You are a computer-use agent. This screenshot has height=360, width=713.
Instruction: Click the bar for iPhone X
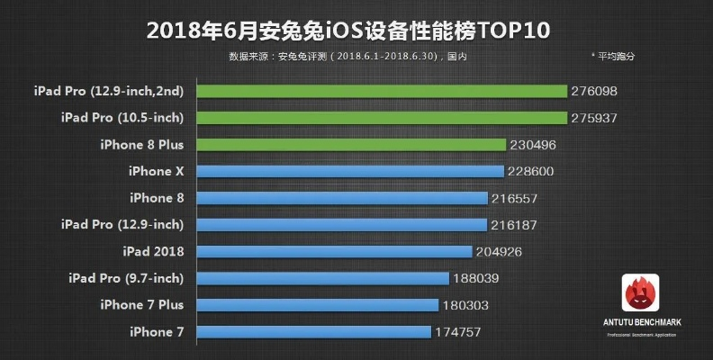pyautogui.click(x=349, y=171)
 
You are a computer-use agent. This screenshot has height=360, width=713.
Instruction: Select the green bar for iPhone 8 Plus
pyautogui.click(x=350, y=145)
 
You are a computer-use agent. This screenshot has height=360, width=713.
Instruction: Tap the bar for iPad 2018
pyautogui.click(x=334, y=251)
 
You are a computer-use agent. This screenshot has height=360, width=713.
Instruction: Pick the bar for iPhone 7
pyautogui.click(x=312, y=332)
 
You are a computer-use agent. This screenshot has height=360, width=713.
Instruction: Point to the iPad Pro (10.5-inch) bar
pyautogui.click(x=382, y=118)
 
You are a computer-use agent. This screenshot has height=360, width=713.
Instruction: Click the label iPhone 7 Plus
pyautogui.click(x=142, y=305)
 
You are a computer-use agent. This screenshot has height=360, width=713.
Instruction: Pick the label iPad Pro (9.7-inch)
pyautogui.click(x=125, y=278)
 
